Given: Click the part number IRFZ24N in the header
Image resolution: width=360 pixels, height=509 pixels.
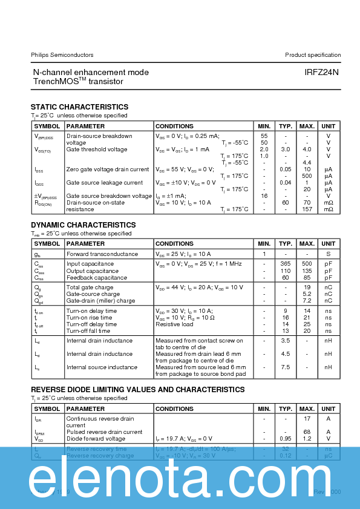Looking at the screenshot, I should tap(322, 72).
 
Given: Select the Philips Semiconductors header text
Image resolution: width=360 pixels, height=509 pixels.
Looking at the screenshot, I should tap(62, 55).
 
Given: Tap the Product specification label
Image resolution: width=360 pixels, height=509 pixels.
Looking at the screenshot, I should tap(313, 55).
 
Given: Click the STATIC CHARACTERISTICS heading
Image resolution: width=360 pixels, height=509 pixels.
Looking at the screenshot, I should tap(79, 107).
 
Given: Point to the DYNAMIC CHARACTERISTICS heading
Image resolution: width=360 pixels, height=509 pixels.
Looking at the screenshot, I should tap(83, 225).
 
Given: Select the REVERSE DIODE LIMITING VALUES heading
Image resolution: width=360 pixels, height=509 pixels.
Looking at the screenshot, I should tap(137, 390).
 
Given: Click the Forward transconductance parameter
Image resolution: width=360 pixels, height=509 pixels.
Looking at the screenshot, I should tap(102, 254).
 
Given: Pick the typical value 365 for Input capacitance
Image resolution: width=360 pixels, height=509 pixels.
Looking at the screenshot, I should tap(286, 264).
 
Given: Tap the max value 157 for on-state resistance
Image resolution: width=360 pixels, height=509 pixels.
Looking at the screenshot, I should tap(307, 209).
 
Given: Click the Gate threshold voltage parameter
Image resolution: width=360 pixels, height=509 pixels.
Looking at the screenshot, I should tap(97, 149).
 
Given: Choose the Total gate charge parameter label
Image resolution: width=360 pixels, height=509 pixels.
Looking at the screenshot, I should tap(90, 287).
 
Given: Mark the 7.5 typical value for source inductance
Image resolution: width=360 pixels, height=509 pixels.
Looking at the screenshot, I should tap(286, 367).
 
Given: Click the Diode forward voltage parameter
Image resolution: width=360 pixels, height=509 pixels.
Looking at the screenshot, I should tap(96, 439).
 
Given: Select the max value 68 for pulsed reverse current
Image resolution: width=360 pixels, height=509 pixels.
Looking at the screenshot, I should tap(307, 432).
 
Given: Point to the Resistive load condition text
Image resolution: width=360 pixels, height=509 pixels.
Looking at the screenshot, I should tap(175, 324).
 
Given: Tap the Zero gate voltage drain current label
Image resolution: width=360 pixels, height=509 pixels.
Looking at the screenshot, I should tap(108, 169).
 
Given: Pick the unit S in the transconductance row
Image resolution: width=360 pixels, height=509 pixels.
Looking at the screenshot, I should tap(329, 254).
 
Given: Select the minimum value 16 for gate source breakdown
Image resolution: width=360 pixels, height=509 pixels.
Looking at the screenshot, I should tap(264, 196).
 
